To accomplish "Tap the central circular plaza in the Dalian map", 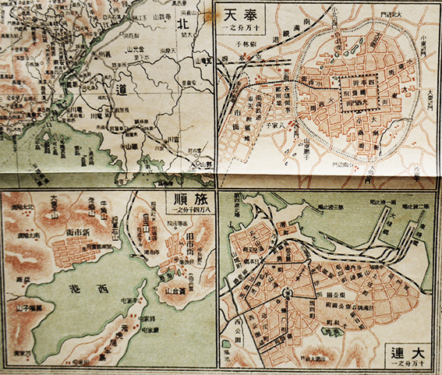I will click(288, 294).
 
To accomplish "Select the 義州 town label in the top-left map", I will click(100, 55).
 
